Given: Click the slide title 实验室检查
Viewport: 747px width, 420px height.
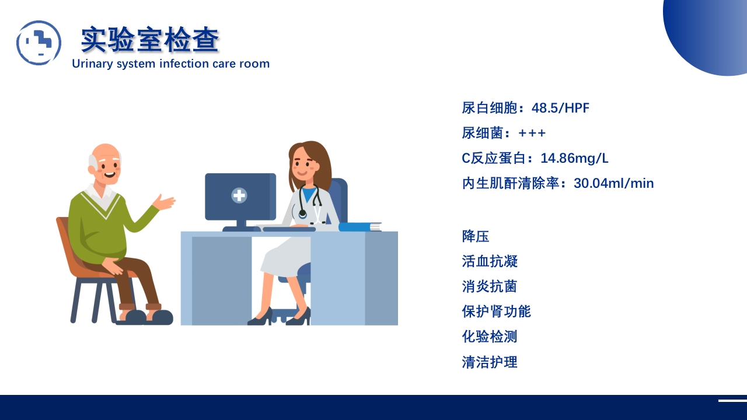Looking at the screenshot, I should [150, 40].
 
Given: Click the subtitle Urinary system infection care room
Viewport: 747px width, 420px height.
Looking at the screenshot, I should [170, 64].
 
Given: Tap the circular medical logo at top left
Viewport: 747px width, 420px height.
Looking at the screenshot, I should [39, 43].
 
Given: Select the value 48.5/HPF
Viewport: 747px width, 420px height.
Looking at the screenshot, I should [560, 108].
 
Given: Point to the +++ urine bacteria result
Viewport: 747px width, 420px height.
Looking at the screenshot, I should [532, 133].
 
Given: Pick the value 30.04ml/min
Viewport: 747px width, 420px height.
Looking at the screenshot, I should [613, 183].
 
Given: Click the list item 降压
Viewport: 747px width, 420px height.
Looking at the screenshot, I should [475, 236].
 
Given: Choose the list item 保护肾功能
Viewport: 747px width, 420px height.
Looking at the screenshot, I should [496, 311].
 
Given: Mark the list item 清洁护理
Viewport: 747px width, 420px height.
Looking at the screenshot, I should [489, 362].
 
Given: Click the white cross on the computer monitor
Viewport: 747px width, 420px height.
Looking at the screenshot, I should [239, 195].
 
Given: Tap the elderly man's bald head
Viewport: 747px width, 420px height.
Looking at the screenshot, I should [106, 153].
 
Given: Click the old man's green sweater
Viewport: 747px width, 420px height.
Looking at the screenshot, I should [96, 228].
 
